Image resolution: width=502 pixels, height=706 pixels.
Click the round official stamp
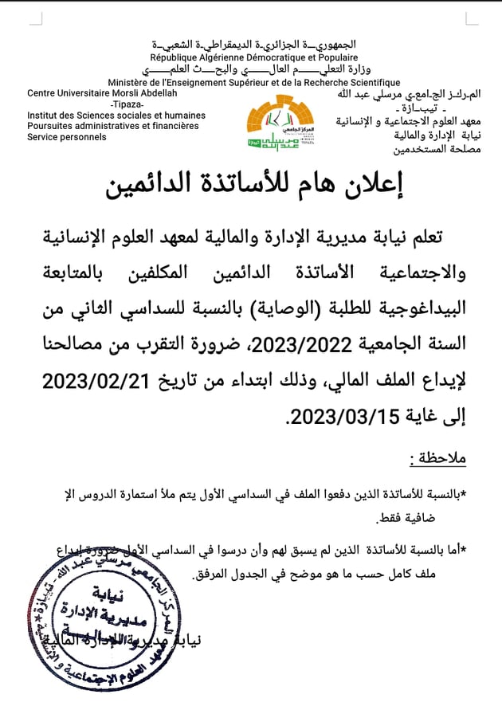pyautogui.click(x=104, y=621)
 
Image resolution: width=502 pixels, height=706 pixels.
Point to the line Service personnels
pyautogui.click(x=67, y=137)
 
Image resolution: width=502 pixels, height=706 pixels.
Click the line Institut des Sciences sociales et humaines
pyautogui.click(x=116, y=116)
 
